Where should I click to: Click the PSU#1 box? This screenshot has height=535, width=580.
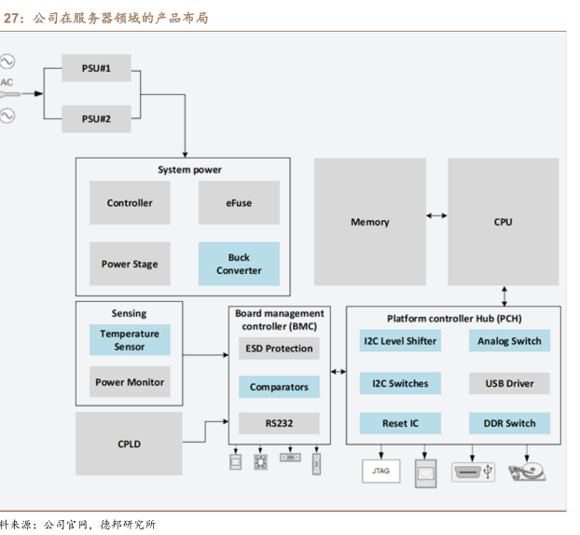(x=96, y=68)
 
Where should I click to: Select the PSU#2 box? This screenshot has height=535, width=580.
(x=96, y=119)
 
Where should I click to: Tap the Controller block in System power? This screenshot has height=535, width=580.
(x=130, y=203)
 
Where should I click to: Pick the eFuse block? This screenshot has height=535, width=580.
(x=239, y=203)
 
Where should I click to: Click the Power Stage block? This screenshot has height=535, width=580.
(x=130, y=264)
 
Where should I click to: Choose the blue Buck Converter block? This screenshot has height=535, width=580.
(x=239, y=264)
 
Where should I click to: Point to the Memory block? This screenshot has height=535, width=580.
(x=369, y=222)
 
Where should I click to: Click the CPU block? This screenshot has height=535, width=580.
(x=503, y=222)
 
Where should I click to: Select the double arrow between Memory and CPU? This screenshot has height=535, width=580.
(x=435, y=215)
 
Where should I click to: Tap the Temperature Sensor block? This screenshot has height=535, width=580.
(x=130, y=340)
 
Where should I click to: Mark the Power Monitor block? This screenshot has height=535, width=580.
(x=130, y=382)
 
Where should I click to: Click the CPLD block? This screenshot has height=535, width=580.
(x=130, y=444)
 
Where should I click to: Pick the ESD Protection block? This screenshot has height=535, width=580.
(x=279, y=349)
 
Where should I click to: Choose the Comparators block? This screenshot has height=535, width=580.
(x=279, y=387)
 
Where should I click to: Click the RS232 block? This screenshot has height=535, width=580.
(x=279, y=423)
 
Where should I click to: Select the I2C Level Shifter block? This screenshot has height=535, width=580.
(x=399, y=341)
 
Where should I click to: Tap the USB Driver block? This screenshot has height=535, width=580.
(x=509, y=383)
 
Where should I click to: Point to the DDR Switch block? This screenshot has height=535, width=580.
(x=509, y=423)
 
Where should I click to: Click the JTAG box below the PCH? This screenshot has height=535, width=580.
(x=380, y=471)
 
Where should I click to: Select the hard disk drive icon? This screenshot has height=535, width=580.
(x=527, y=470)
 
